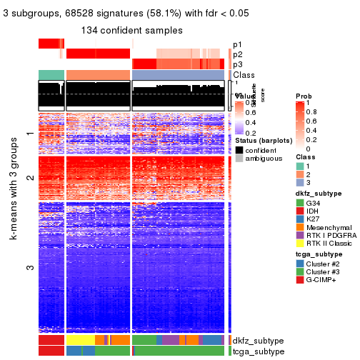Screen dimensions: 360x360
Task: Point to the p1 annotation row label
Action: coord(238,44)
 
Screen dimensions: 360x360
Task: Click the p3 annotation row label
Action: coord(238,64)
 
